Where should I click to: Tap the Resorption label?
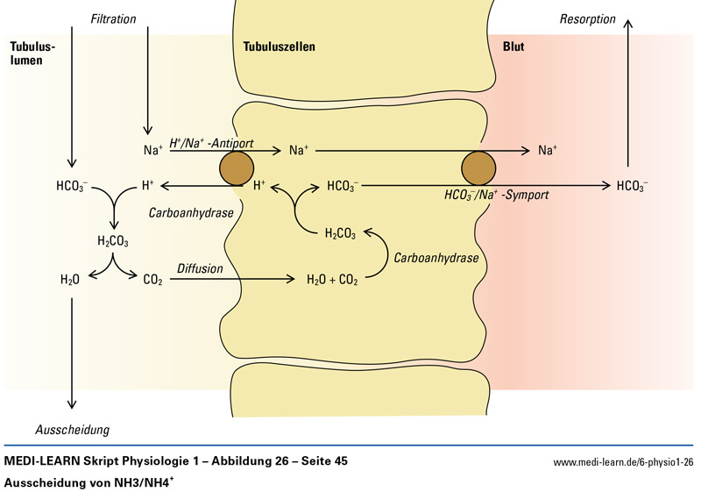click(x=588, y=18)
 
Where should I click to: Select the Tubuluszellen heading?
click(x=279, y=46)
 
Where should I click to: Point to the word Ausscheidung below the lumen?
click(x=72, y=430)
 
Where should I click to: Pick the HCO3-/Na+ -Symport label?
click(x=496, y=195)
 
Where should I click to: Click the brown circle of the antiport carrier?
click(x=236, y=167)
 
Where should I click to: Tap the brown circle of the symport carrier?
click(x=479, y=167)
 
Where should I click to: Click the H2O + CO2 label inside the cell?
click(x=332, y=281)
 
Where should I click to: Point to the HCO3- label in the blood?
click(x=633, y=186)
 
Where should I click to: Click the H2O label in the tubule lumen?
click(x=70, y=281)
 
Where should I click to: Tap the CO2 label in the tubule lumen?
click(x=152, y=281)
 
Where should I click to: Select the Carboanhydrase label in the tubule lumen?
click(x=184, y=212)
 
